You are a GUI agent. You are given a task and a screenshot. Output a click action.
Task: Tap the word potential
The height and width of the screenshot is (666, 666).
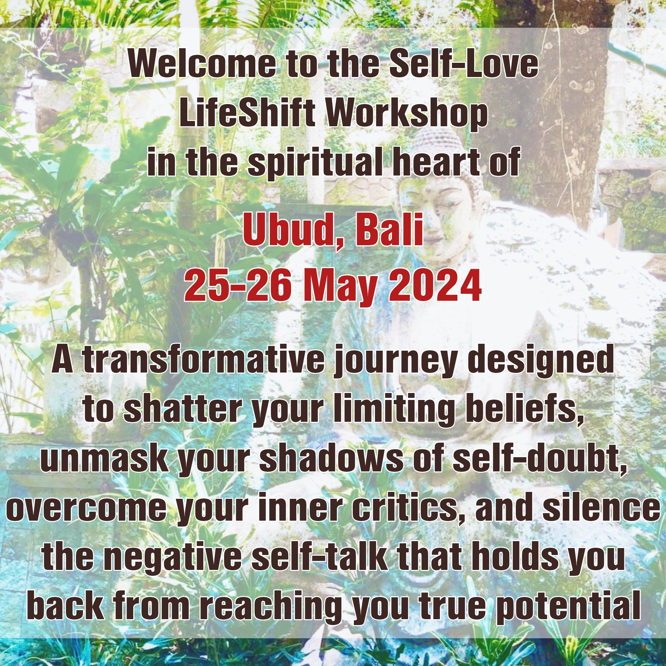567,609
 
